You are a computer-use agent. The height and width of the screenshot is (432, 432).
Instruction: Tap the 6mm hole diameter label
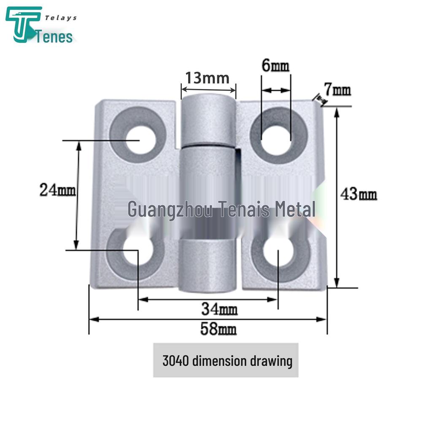click(275, 66)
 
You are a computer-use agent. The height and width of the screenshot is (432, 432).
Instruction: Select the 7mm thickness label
click(337, 89)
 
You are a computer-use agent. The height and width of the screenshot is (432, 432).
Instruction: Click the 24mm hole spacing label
click(57, 190)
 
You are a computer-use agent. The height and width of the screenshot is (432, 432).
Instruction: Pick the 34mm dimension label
click(219, 309)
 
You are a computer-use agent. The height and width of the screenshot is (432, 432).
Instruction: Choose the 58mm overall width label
click(218, 329)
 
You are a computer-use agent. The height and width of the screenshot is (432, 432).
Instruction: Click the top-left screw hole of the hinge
click(140, 139)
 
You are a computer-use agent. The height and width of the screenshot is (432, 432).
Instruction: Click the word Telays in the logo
click(61, 18)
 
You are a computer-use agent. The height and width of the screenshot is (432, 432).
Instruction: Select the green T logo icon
click(23, 24)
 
